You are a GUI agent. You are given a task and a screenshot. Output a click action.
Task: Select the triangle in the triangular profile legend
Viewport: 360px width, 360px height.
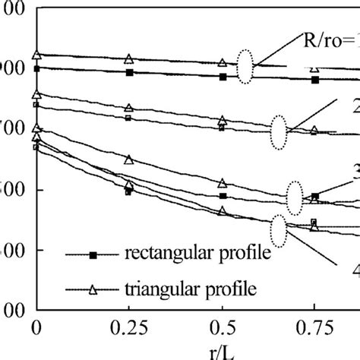(x=92, y=289)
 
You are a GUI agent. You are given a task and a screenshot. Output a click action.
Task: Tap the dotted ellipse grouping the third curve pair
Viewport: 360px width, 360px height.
(x=295, y=198)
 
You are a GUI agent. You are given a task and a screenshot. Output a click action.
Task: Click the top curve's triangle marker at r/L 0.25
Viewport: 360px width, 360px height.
(x=128, y=59)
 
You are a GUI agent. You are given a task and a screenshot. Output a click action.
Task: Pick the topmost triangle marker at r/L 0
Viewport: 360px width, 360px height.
(x=36, y=55)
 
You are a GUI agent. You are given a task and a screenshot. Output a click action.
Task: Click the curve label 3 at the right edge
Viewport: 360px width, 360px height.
(x=355, y=172)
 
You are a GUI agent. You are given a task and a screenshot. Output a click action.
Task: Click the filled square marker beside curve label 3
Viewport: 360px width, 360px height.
(x=315, y=197)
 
